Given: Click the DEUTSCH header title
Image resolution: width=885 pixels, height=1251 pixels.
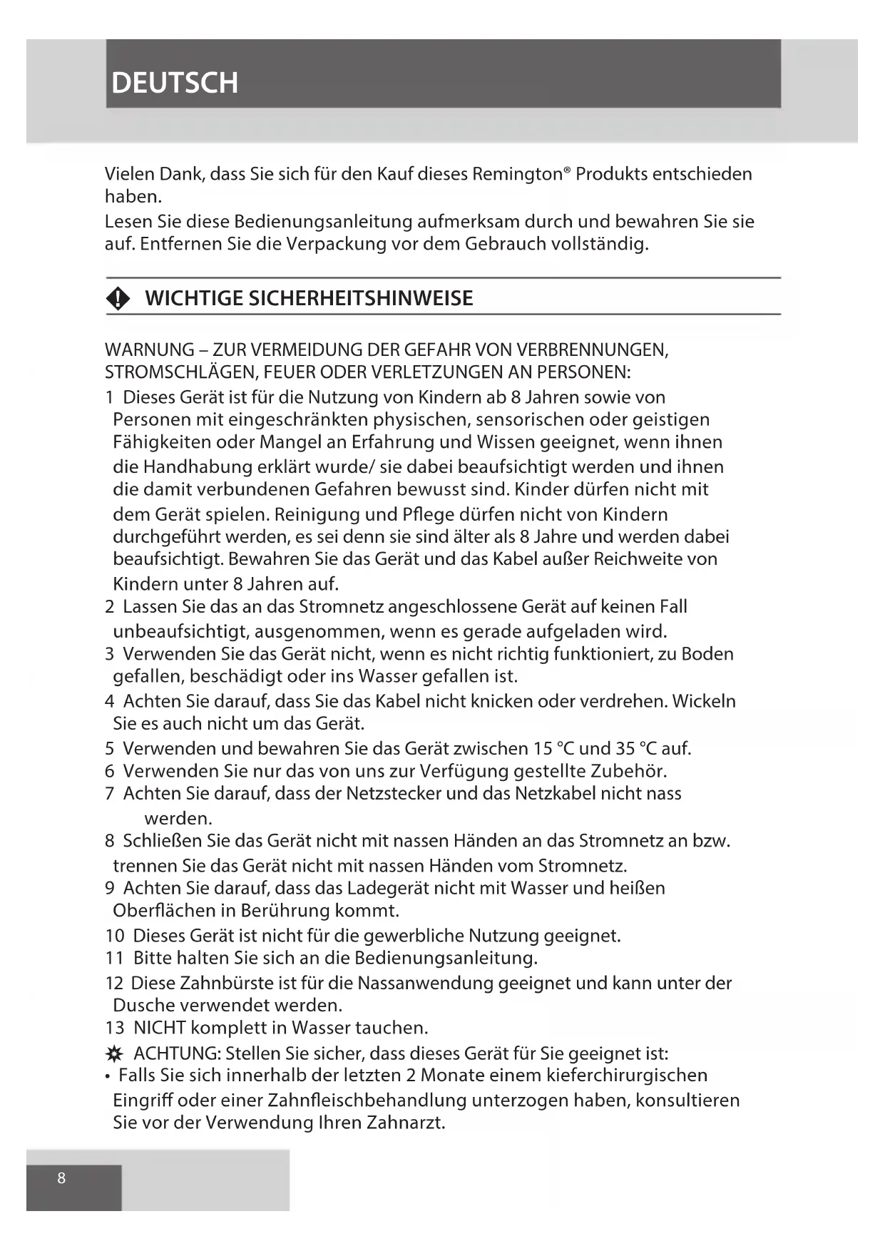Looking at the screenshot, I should click(x=175, y=83).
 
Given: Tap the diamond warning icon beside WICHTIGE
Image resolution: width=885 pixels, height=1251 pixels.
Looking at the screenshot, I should click(x=118, y=299).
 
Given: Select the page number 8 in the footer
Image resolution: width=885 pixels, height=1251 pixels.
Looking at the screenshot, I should click(x=61, y=1178).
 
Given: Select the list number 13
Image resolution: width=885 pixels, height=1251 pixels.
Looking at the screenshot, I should click(x=115, y=1028).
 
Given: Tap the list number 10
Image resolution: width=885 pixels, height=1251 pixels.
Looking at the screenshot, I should click(x=115, y=935).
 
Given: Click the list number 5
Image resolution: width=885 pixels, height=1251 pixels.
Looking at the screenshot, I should click(x=110, y=748).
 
